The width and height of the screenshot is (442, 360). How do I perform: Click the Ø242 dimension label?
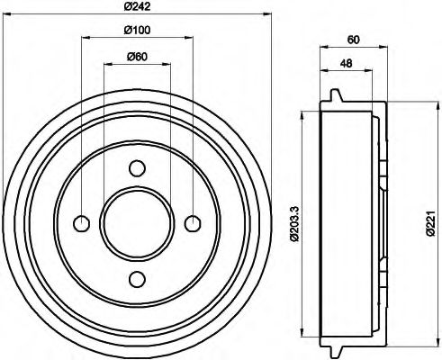137,9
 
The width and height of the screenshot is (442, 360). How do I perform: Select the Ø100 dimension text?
137,33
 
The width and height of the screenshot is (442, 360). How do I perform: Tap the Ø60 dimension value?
137,58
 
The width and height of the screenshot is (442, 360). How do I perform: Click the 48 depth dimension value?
347,64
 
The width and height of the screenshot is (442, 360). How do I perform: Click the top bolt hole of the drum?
137,167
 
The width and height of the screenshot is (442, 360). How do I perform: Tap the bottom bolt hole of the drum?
137,277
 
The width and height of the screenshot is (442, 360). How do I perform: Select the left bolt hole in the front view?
82,222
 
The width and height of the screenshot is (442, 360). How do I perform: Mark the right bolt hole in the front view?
192,222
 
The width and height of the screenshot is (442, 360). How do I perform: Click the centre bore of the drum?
137,222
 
